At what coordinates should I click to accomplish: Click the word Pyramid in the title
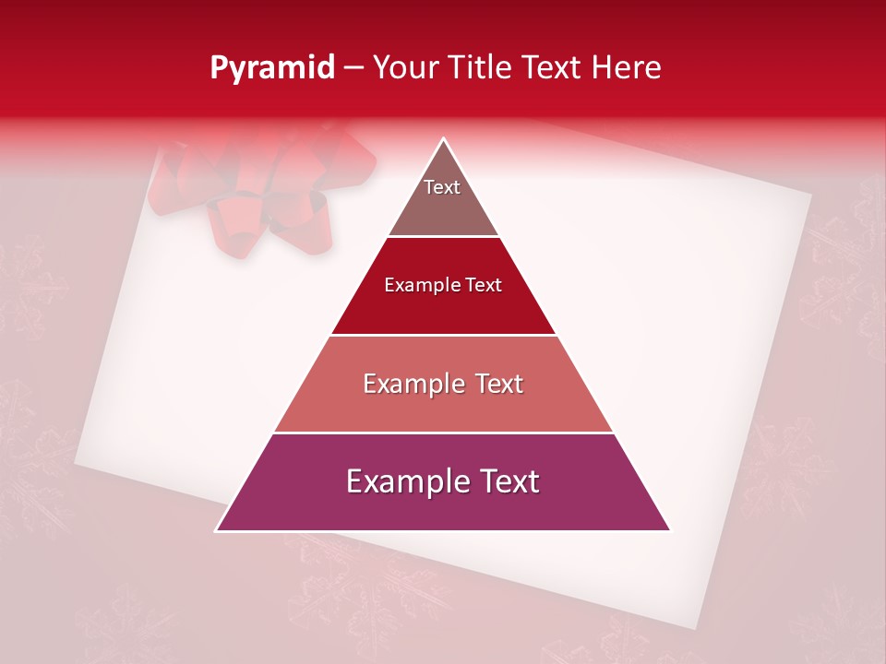coord(272,68)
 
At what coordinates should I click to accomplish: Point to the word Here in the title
coord(627,68)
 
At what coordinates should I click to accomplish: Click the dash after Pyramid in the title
coord(353,68)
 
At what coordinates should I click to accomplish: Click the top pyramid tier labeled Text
coord(443,198)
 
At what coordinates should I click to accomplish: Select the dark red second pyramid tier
coord(443,300)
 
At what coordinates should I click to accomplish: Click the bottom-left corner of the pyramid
coord(218,529)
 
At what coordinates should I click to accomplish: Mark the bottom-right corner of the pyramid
coord(669,529)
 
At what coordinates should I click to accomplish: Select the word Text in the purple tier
coord(509,481)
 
